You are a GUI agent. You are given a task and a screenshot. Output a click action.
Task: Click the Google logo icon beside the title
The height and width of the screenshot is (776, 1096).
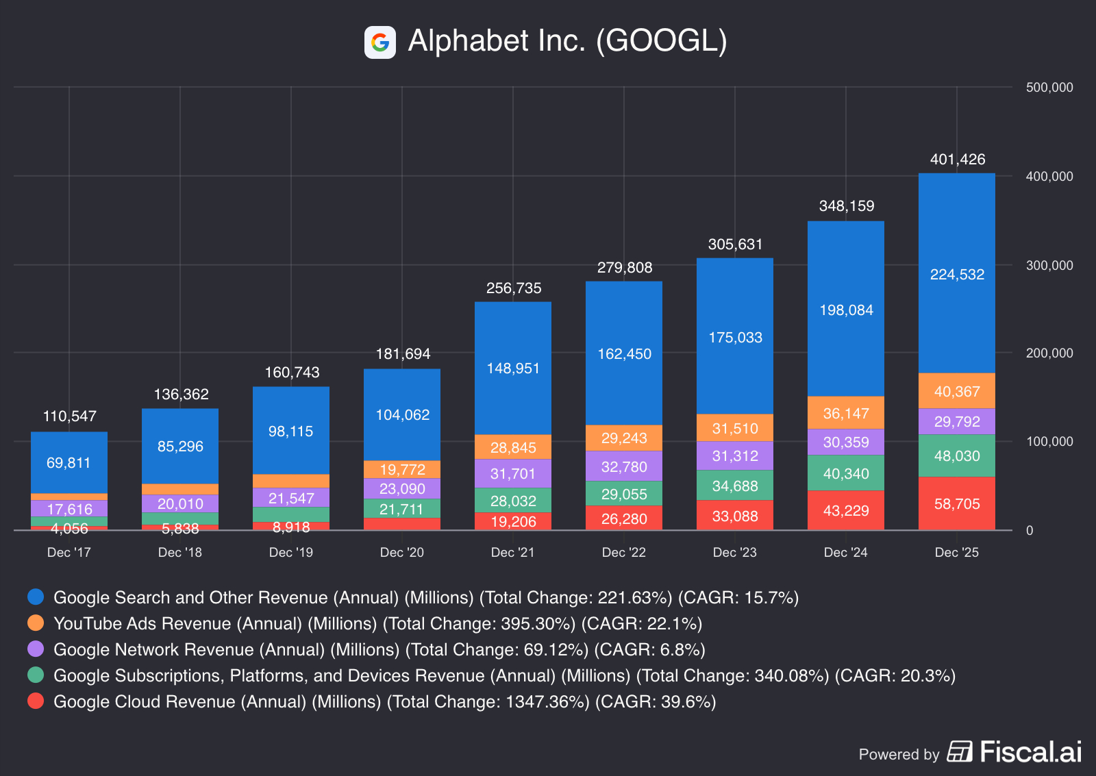coord(380,42)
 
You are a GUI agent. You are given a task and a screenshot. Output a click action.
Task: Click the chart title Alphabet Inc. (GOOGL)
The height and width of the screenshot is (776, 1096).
coord(567,41)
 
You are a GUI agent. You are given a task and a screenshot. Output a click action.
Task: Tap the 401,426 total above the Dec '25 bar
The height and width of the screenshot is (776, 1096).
coord(957,160)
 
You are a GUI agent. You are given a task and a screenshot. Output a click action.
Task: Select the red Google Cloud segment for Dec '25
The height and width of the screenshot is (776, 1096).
coord(957,503)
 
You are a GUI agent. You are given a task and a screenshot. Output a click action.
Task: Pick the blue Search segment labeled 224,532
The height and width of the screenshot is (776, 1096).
coord(957,274)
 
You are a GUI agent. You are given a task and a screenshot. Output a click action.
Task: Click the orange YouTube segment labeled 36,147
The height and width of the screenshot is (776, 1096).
coord(846,413)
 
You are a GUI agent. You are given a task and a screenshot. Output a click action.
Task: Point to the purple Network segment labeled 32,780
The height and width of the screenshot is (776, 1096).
coord(624,466)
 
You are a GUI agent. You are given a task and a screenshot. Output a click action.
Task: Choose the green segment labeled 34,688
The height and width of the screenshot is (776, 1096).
coord(735,486)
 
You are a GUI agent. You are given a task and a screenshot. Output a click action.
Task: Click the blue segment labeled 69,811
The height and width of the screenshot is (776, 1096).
coord(68,462)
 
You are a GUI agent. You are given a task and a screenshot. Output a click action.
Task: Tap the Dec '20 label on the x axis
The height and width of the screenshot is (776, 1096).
coord(402,553)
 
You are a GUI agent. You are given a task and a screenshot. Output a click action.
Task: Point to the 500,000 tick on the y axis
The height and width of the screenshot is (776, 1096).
coord(1049,88)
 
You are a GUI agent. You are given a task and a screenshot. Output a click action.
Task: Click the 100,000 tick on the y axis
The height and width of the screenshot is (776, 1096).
coord(1049,442)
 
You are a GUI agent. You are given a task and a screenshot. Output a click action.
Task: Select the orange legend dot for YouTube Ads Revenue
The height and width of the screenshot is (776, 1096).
coord(36,623)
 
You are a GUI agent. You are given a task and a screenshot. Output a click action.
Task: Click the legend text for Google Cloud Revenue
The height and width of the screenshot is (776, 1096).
coord(384,702)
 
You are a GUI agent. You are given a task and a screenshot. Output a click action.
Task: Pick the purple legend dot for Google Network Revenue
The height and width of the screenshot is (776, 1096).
coord(36,649)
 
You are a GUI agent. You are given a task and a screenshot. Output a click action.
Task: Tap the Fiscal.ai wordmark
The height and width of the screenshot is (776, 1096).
coord(1030,752)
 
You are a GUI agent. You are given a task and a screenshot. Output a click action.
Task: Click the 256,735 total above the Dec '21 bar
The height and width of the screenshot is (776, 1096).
coord(513,288)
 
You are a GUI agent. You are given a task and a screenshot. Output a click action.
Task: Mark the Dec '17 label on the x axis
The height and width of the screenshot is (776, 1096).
coord(68,553)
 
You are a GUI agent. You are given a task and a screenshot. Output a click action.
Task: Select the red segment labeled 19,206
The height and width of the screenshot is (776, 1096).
coord(513,522)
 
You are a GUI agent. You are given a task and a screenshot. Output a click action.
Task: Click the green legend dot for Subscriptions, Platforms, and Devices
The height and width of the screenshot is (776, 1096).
coord(36,675)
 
